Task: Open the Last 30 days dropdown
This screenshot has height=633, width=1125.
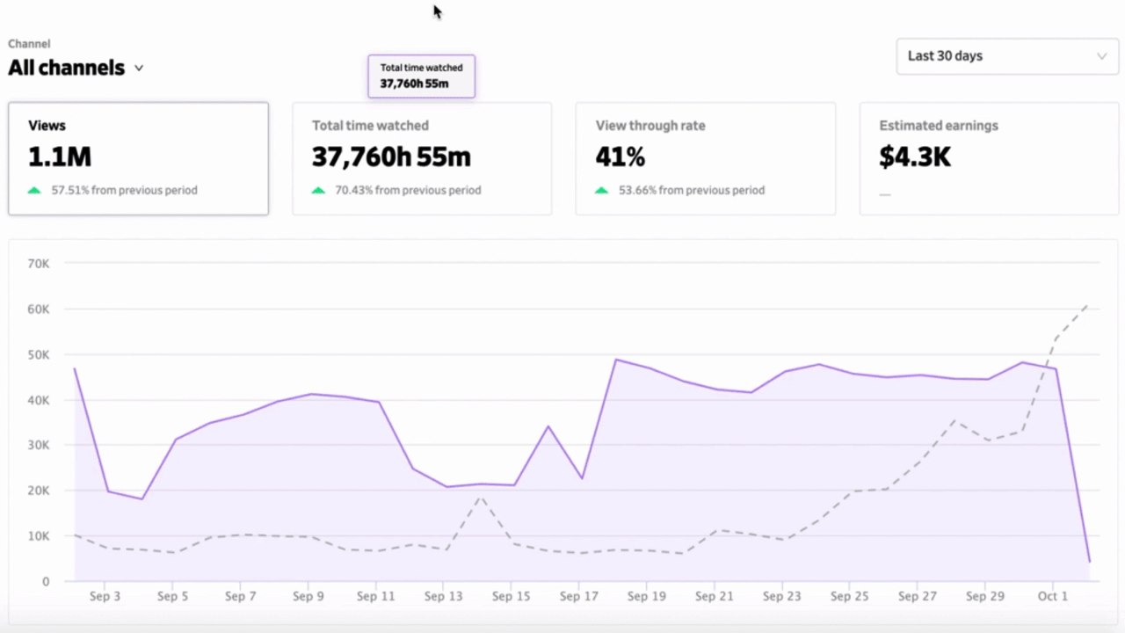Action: coord(1006,56)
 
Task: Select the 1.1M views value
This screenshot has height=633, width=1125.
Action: coord(60,157)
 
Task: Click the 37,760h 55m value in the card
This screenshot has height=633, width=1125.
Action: coord(391,157)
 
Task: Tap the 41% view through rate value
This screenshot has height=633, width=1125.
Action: coord(621,157)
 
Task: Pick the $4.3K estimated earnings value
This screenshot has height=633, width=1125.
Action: coord(915,157)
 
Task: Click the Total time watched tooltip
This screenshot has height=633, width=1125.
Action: coord(421,76)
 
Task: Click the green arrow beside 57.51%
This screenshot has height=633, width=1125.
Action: coord(34,190)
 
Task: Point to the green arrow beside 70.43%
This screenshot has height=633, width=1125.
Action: coord(318,190)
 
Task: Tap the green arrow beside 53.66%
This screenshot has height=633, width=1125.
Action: coord(602,190)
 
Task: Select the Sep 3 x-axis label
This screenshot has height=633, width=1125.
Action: coord(105,597)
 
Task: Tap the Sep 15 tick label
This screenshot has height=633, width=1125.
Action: coord(511,597)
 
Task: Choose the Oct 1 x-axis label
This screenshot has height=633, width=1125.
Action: coord(1052,597)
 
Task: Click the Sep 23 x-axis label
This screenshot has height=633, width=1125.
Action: coord(781,597)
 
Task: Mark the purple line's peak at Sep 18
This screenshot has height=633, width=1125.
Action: coord(615,360)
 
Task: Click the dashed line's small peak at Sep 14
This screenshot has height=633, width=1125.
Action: coord(480,497)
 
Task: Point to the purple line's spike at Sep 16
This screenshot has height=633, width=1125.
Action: coord(548,426)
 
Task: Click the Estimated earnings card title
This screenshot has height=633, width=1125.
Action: coord(939,126)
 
